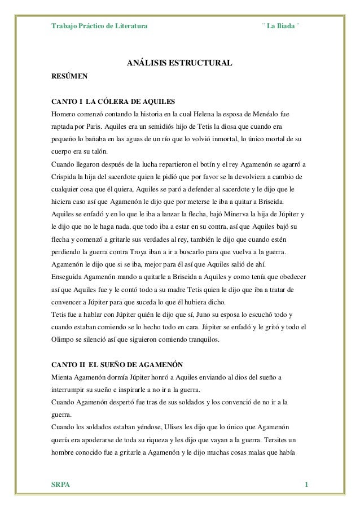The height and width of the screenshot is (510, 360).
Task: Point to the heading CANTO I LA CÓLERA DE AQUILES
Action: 113,102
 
